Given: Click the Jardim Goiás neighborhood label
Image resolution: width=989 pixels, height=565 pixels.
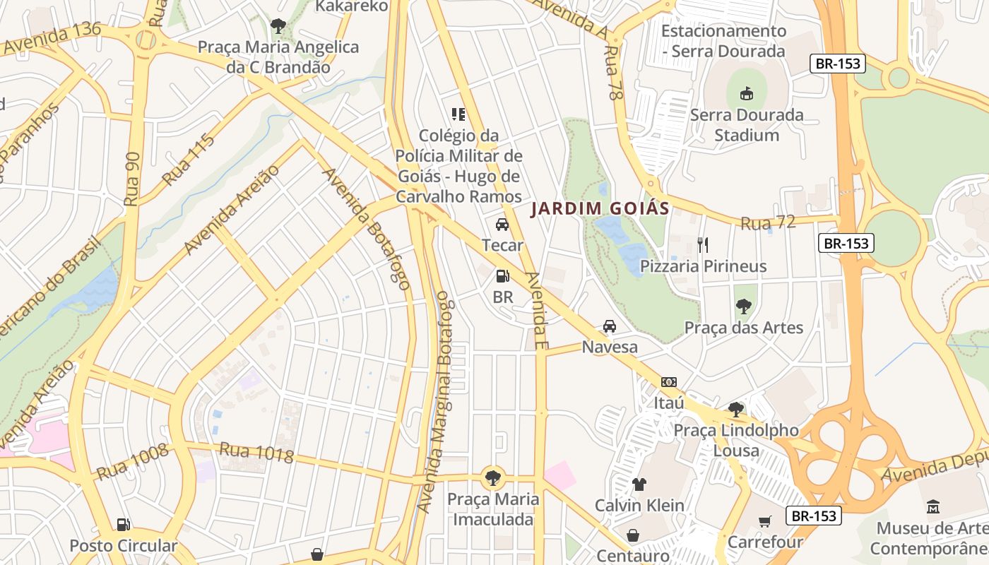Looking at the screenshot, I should [x=600, y=209].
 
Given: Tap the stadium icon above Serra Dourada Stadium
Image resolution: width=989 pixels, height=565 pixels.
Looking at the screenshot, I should [x=746, y=93].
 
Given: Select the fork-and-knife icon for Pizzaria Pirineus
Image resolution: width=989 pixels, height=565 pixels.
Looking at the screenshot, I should [x=702, y=245].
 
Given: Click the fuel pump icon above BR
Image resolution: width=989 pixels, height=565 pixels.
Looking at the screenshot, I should [x=502, y=276].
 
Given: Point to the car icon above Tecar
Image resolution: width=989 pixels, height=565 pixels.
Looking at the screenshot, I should [x=502, y=225].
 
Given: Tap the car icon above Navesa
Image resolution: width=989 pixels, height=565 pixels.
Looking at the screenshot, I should [x=609, y=326].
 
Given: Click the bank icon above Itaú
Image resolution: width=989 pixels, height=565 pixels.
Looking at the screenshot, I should [x=668, y=382].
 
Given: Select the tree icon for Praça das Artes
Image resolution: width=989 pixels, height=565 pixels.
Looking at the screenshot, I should [x=743, y=307].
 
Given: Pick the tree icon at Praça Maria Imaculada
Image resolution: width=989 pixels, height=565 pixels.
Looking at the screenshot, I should [x=493, y=478].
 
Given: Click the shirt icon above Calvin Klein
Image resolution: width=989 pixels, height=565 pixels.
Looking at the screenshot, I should [x=639, y=484].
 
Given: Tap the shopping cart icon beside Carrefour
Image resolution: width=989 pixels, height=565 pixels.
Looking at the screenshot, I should [x=764, y=522].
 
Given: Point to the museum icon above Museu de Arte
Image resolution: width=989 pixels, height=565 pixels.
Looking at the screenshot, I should [x=933, y=506].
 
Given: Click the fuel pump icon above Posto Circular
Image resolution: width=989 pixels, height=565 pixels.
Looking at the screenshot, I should [x=123, y=525].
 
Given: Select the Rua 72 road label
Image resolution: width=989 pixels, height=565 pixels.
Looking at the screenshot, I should [x=768, y=223].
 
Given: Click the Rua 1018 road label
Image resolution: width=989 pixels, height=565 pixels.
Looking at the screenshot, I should [x=256, y=453].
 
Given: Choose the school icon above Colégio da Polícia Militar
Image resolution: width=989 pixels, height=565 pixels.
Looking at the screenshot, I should [x=458, y=114].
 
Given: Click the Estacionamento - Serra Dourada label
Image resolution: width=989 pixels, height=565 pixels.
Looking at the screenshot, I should [x=723, y=41].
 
